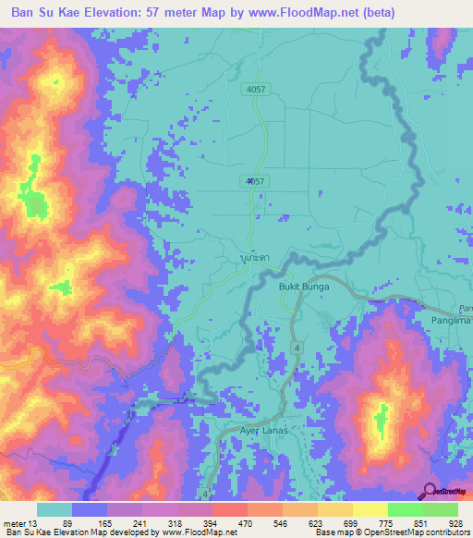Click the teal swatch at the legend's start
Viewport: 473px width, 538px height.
55,509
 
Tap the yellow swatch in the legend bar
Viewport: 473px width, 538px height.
370,509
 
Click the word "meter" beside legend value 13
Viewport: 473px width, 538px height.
14,523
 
